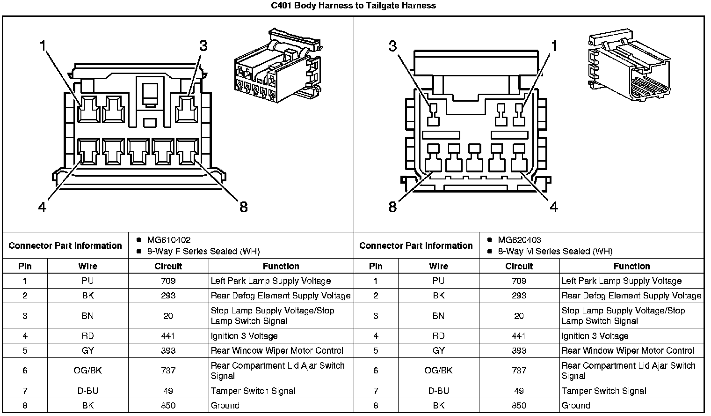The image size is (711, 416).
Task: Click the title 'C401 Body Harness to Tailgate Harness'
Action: click(354, 6)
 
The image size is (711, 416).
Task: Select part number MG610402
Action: click(169, 240)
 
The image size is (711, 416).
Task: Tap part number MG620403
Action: click(520, 240)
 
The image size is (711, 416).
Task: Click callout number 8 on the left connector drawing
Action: click(243, 207)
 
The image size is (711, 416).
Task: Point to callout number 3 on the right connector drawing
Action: click(392, 46)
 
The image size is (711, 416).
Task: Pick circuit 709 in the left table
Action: click(168, 281)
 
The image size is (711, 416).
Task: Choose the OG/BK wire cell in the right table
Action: click(438, 371)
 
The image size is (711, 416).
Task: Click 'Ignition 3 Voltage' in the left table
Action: click(244, 336)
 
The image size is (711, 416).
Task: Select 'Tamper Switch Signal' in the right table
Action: click(604, 391)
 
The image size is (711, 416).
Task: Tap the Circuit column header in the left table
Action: click(168, 266)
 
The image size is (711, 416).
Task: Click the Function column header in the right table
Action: click(631, 266)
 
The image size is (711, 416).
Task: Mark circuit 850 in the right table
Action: click(519, 406)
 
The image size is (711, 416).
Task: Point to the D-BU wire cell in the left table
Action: click(87, 391)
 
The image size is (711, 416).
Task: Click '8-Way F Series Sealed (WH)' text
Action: click(203, 252)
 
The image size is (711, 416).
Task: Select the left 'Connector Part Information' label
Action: click(65, 245)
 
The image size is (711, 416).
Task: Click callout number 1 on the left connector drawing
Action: click(44, 46)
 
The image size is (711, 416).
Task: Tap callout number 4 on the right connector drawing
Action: click(554, 207)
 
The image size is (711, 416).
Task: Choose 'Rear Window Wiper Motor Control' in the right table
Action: click(628, 351)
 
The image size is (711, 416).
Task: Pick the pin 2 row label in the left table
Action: click(25, 296)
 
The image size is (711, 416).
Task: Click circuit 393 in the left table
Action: click(168, 351)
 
